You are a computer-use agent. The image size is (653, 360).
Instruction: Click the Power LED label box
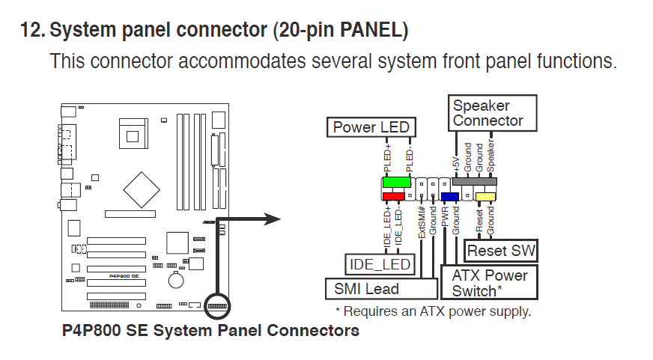tap(371, 127)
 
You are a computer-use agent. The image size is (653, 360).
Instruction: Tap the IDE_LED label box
tap(380, 264)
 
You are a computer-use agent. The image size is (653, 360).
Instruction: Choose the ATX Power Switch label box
tap(490, 283)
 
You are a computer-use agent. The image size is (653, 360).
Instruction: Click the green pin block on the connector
tap(396, 183)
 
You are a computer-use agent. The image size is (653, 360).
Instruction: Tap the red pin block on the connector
tap(392, 196)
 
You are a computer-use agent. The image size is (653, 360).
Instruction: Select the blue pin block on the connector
tap(449, 197)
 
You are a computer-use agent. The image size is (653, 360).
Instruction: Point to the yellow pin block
tap(486, 197)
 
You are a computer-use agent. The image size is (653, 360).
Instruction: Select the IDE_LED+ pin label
tap(387, 228)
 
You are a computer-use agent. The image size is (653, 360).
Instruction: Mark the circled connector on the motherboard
tap(217, 307)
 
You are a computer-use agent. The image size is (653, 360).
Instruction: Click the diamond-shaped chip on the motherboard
tap(148, 189)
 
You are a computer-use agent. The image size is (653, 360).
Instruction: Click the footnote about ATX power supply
tap(432, 311)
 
